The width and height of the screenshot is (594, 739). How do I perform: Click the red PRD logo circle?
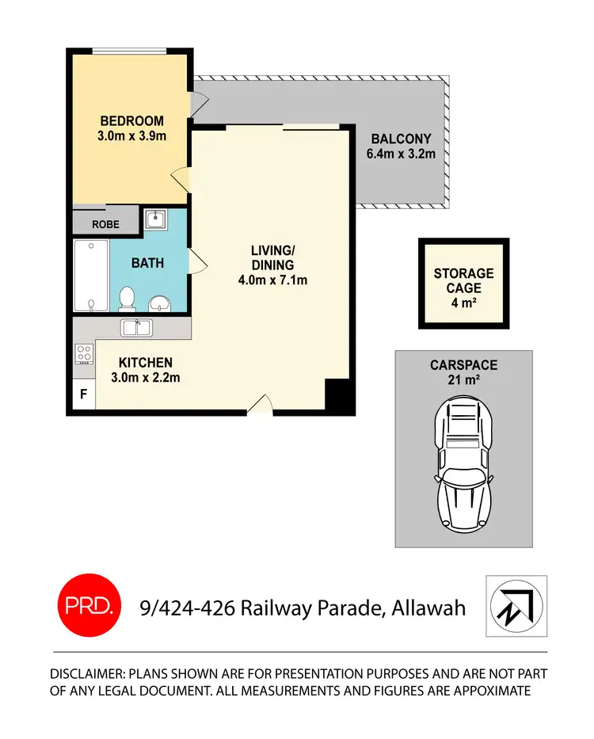coord(91,608)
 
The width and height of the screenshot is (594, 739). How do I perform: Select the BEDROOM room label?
coord(131,121)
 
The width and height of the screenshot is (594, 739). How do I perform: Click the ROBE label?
coord(105,224)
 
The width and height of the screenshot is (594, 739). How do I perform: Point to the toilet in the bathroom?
coord(125,299)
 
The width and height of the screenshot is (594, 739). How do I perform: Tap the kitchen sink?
coord(137,326)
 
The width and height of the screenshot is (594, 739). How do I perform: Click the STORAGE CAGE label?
coord(463,280)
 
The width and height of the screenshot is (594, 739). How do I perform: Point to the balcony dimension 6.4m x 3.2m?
coord(401,154)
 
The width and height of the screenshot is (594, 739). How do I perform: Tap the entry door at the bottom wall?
coord(261,407)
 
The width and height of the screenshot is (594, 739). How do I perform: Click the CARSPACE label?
coord(463,366)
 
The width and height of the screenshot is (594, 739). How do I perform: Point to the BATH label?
coord(147,262)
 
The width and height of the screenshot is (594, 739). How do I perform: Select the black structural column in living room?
coord(337,394)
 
